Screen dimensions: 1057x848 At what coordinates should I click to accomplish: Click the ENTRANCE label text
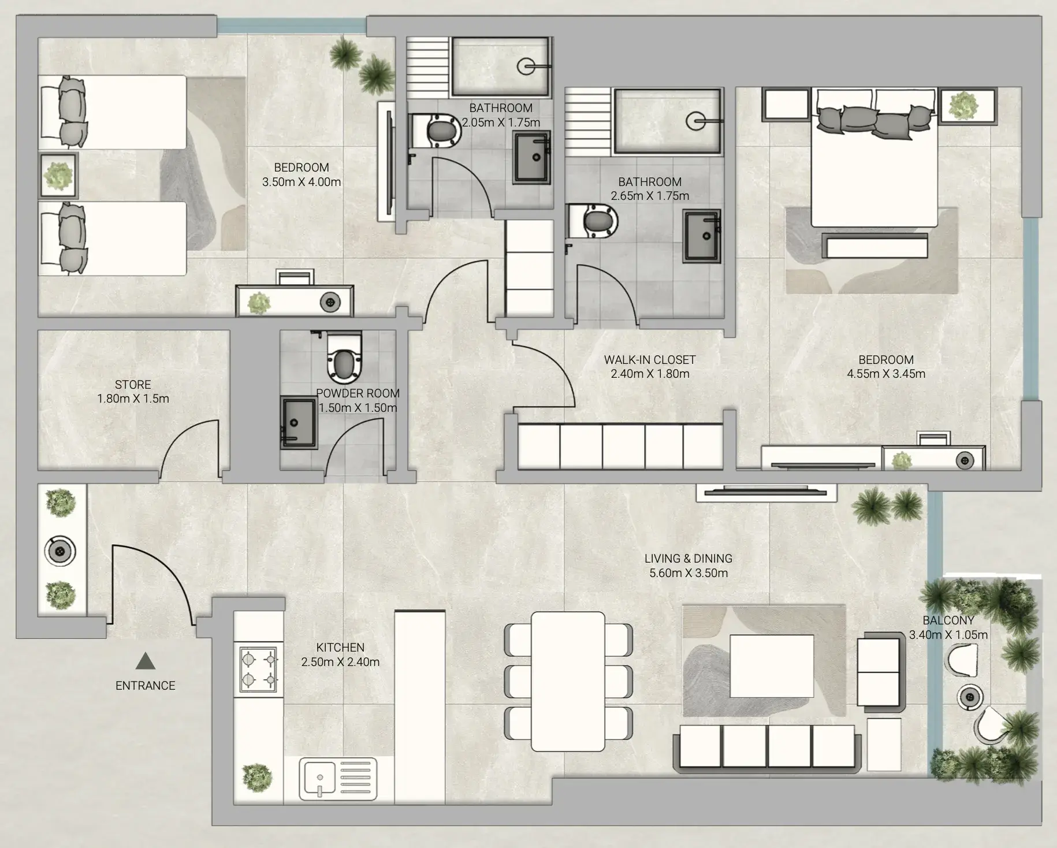(x=145, y=686)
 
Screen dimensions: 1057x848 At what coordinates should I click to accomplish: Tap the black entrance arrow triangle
(x=145, y=661)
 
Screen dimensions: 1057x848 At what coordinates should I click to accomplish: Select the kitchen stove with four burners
(x=258, y=669)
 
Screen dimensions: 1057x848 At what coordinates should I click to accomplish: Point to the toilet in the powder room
(x=344, y=358)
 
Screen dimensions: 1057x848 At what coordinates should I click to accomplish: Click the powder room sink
(x=299, y=422)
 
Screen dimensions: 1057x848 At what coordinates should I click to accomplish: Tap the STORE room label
(x=133, y=385)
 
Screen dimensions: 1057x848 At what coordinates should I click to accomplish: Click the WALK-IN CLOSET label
(x=650, y=360)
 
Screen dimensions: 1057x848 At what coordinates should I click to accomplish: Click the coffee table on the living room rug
(x=772, y=666)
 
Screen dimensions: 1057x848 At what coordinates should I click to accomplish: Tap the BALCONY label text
(x=948, y=620)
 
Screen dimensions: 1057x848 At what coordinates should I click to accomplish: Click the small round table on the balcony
(x=970, y=697)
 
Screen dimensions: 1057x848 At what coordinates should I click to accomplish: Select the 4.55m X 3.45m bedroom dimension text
(x=886, y=374)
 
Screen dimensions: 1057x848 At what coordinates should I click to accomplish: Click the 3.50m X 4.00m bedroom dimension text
(x=302, y=182)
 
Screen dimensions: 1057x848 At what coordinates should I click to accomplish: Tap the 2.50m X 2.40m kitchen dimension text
(x=340, y=662)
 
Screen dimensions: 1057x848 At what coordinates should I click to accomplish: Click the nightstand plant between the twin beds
(x=58, y=176)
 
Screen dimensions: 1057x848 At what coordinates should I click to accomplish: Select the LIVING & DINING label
(x=688, y=559)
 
